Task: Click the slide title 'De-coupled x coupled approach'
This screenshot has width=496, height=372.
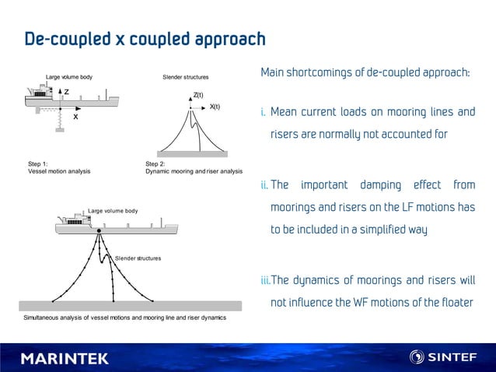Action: pyautogui.click(x=145, y=39)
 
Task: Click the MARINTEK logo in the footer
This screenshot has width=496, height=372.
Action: pyautogui.click(x=65, y=358)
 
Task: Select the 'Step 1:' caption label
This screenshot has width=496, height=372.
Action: pyautogui.click(x=38, y=164)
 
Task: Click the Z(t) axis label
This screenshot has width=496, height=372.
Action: pyautogui.click(x=198, y=95)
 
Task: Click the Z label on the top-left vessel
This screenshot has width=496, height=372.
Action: pyautogui.click(x=67, y=92)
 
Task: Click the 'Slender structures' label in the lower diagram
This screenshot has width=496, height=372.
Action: pyautogui.click(x=138, y=258)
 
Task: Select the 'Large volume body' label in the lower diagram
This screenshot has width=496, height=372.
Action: pyautogui.click(x=113, y=211)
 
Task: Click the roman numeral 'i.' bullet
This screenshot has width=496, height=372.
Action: pyautogui.click(x=264, y=113)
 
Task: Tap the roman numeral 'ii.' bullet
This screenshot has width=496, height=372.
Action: pyautogui.click(x=264, y=186)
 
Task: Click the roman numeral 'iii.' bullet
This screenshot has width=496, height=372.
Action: pyautogui.click(x=265, y=281)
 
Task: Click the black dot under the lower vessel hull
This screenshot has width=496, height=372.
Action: pyautogui.click(x=100, y=232)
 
